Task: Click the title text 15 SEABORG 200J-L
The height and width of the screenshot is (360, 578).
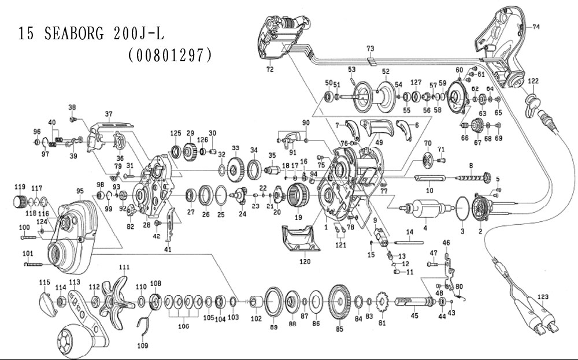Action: (91, 34)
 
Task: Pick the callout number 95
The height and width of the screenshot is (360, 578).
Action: (79, 190)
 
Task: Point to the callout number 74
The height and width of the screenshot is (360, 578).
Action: (536, 27)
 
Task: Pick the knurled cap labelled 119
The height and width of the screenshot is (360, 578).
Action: (20, 202)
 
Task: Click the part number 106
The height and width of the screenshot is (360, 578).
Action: (184, 326)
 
